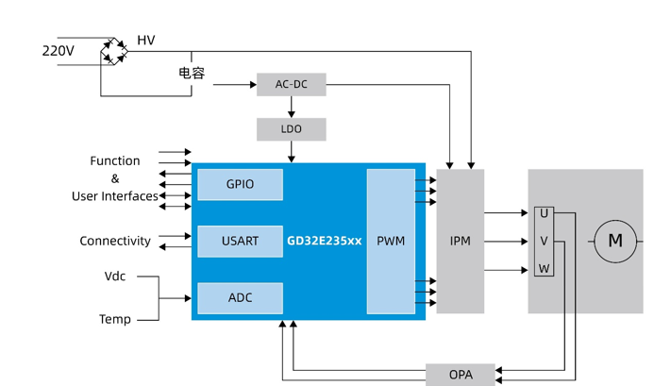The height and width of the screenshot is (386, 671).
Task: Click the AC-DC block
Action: (291, 85)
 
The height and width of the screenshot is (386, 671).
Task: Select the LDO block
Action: (291, 129)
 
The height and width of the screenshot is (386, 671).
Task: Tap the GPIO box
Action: (240, 185)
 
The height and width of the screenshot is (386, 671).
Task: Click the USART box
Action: (240, 242)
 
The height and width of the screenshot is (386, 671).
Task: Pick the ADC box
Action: (240, 298)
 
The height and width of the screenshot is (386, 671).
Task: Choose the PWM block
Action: (391, 242)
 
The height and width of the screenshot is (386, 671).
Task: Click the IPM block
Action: (461, 242)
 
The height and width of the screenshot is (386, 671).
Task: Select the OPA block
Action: (461, 375)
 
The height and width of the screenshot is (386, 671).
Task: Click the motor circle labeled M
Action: (615, 242)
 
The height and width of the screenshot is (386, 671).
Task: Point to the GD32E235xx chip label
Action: (325, 242)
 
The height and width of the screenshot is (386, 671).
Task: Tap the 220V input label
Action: (58, 51)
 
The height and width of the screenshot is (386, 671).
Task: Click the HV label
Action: (146, 41)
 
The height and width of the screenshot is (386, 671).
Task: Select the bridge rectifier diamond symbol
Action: (114, 51)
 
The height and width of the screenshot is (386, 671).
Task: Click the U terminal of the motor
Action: (544, 214)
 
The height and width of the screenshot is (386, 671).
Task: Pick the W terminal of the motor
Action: (544, 270)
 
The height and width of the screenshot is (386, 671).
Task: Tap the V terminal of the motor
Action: (544, 242)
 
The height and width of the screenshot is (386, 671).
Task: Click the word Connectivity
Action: (115, 242)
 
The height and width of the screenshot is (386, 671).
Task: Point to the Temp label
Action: (115, 320)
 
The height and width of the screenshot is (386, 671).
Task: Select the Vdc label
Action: (115, 277)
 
